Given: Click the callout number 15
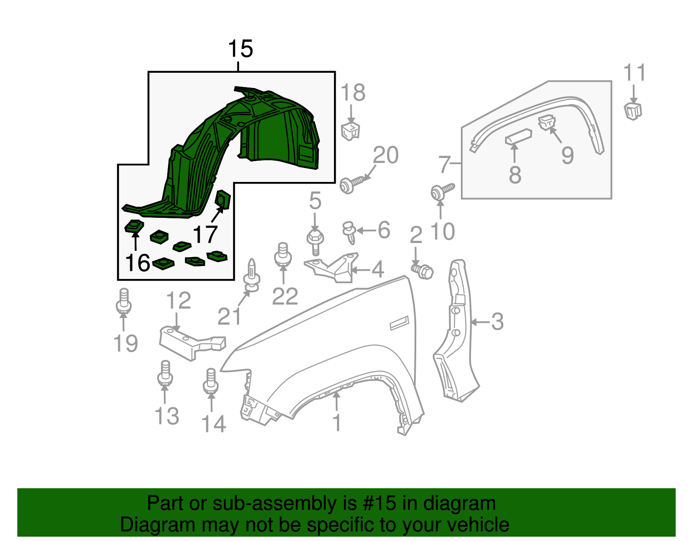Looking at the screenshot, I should coord(240,49).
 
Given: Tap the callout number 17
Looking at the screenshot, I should coord(205,235).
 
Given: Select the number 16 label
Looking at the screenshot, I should coord(137,263).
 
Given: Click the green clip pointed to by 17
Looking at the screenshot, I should coord(223,200).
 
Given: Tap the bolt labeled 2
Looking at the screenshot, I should coord(423,271).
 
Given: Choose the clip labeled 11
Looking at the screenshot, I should coord(633,110).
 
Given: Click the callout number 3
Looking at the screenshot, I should coord(497,322).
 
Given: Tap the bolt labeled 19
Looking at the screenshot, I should coord(123,301).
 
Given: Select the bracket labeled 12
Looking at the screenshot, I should coord(191,342).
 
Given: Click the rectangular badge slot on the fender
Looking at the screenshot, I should coord(399,323).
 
